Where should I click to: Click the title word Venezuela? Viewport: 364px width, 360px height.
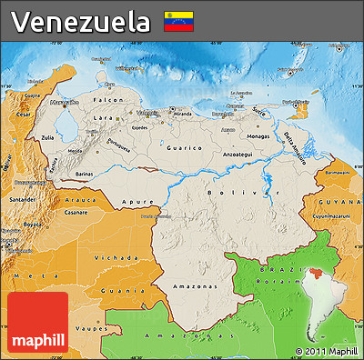coord(82,21)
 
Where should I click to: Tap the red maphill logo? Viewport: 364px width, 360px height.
coord(37,323)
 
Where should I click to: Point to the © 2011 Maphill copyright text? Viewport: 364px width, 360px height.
coord(326,351)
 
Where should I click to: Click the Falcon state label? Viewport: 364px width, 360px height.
coord(109,99)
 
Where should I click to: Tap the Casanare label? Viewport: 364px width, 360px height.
coord(76,211)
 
